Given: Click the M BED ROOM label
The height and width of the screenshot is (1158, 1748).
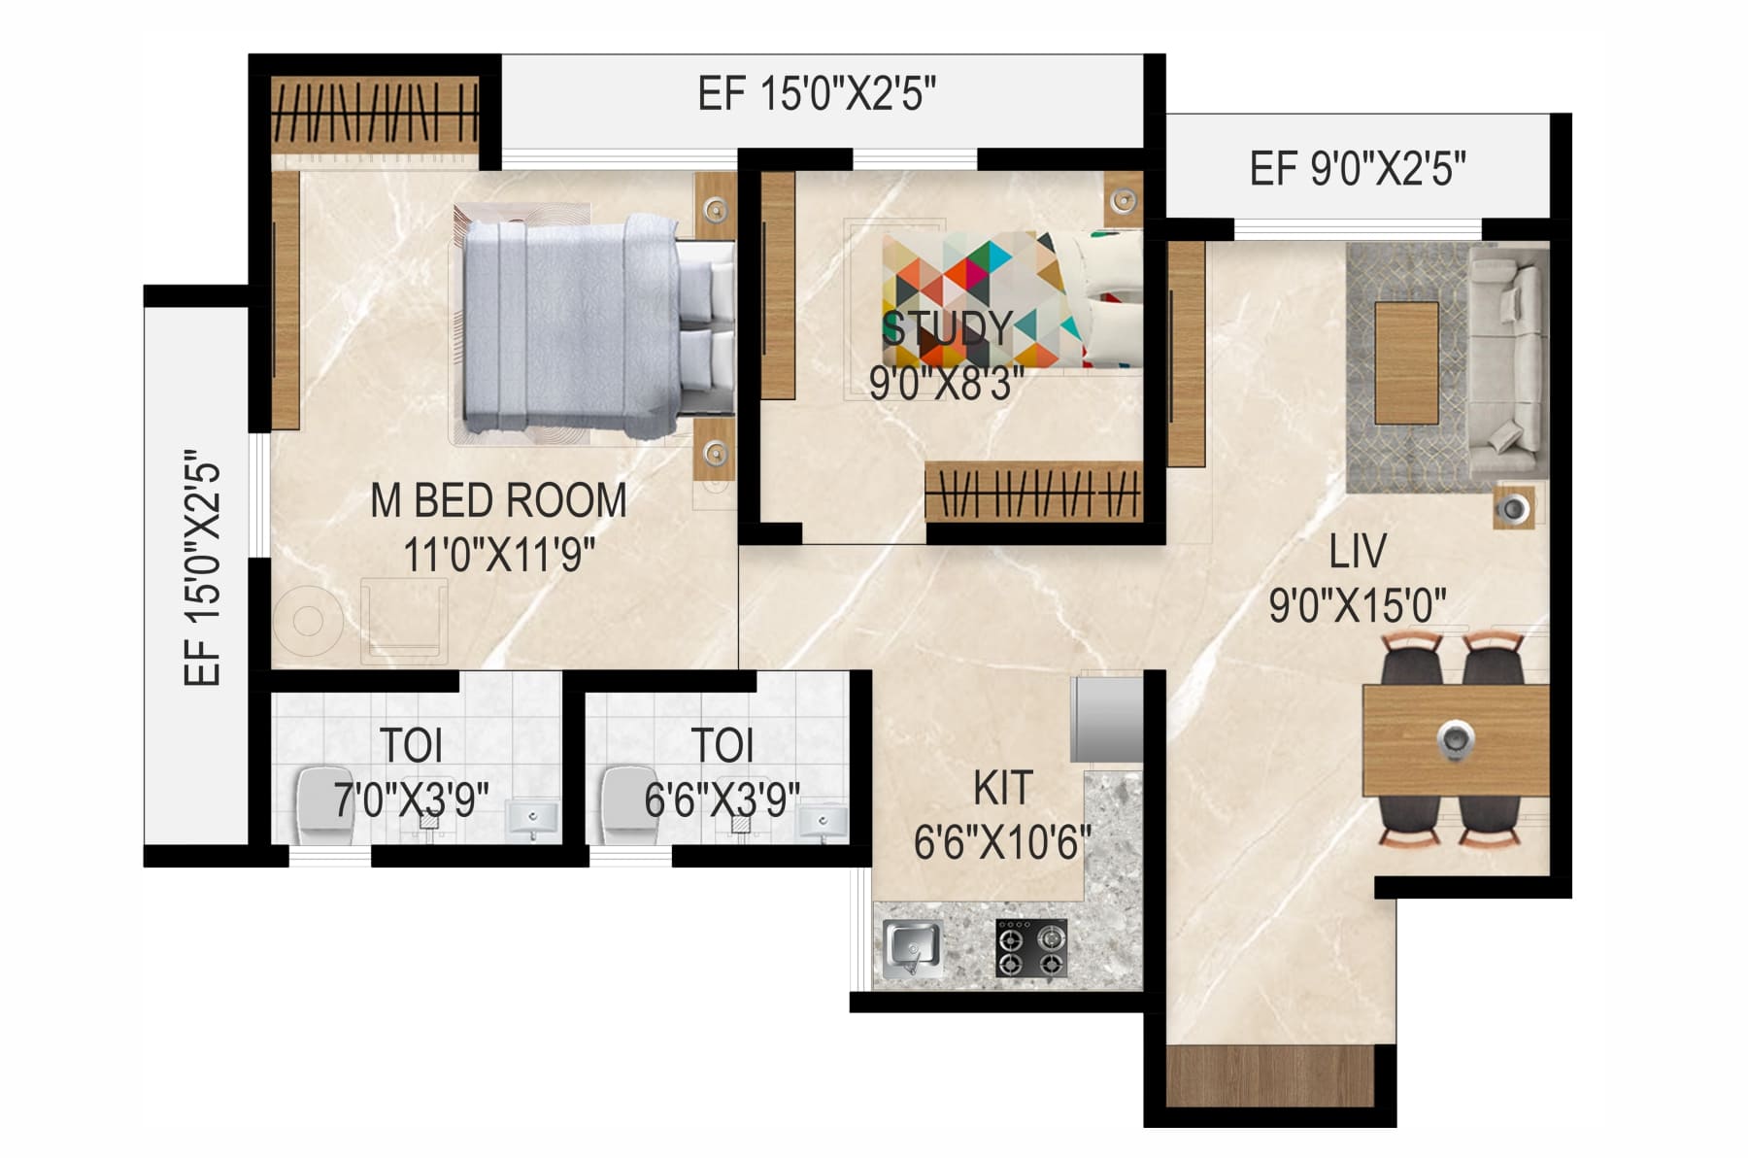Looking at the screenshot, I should tap(498, 501).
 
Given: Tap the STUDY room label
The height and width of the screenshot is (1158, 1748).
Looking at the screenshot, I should tap(947, 328).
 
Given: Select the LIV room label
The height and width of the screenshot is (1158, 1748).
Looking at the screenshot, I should tap(1357, 552).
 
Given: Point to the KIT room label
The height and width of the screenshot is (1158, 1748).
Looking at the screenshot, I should tap(1002, 789).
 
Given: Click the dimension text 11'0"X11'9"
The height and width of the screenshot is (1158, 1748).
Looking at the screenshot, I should tap(498, 557).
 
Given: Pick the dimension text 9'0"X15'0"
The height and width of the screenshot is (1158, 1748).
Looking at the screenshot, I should tap(1357, 606).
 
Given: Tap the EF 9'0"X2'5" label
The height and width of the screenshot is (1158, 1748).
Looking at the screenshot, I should tap(1357, 169).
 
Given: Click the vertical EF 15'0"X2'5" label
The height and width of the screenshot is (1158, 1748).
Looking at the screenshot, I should tap(203, 567).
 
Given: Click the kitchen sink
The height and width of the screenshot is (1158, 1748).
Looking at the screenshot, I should tap(912, 945).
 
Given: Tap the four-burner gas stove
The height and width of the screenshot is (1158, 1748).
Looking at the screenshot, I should tap(1031, 948).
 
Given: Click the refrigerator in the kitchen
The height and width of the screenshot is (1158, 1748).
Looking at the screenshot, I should tap(1106, 720).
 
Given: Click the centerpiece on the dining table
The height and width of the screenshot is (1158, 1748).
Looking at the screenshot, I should tap(1455, 738).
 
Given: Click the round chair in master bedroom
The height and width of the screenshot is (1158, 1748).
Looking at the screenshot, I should tap(307, 621).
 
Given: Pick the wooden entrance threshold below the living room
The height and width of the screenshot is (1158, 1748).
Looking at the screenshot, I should tap(1270, 1075).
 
